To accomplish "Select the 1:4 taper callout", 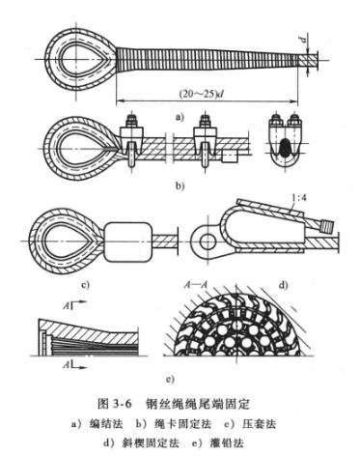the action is click(x=298, y=197).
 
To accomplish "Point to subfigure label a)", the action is click(x=180, y=117).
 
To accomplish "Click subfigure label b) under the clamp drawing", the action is click(x=180, y=185).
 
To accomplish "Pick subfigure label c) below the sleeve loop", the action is click(x=85, y=285).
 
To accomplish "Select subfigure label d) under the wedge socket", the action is click(x=283, y=285).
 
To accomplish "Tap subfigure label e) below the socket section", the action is click(x=170, y=379).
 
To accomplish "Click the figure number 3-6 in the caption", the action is click(x=123, y=404).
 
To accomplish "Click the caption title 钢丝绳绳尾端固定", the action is click(x=198, y=404).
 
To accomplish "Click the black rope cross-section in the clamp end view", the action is click(x=285, y=149).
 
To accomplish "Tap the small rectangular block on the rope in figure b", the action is click(x=230, y=157).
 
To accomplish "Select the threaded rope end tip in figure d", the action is click(x=327, y=226).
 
